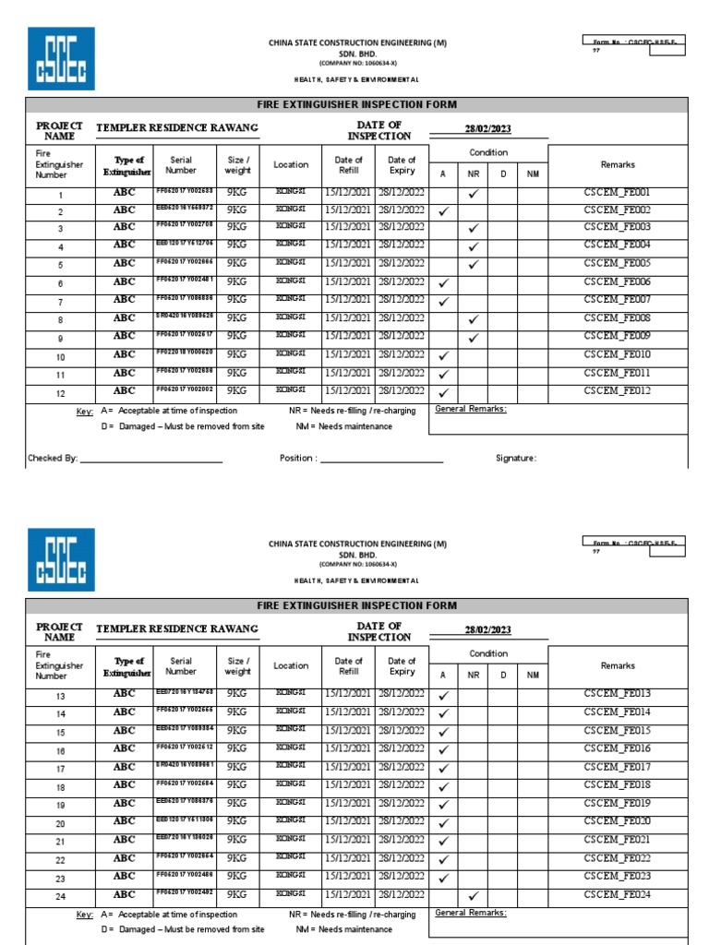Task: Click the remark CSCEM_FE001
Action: click(617, 193)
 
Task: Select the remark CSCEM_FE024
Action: click(617, 894)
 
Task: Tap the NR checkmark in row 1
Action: click(473, 194)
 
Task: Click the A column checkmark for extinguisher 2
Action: click(443, 211)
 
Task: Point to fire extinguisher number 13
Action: click(61, 696)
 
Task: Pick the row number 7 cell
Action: click(61, 302)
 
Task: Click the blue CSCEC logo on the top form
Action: click(61, 58)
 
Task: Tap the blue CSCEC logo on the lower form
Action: click(61, 559)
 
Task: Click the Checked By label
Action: click(53, 458)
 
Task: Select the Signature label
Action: click(515, 458)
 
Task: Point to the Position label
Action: click(298, 458)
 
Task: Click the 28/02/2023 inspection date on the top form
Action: click(488, 130)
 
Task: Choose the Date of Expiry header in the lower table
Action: click(402, 666)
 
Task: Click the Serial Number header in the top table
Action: click(181, 165)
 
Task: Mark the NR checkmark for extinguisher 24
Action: click(473, 895)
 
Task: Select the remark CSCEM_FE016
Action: click(617, 748)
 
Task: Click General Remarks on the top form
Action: click(470, 409)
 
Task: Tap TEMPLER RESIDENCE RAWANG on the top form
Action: click(177, 128)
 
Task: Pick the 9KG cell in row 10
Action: click(237, 354)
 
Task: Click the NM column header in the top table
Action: click(533, 173)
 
